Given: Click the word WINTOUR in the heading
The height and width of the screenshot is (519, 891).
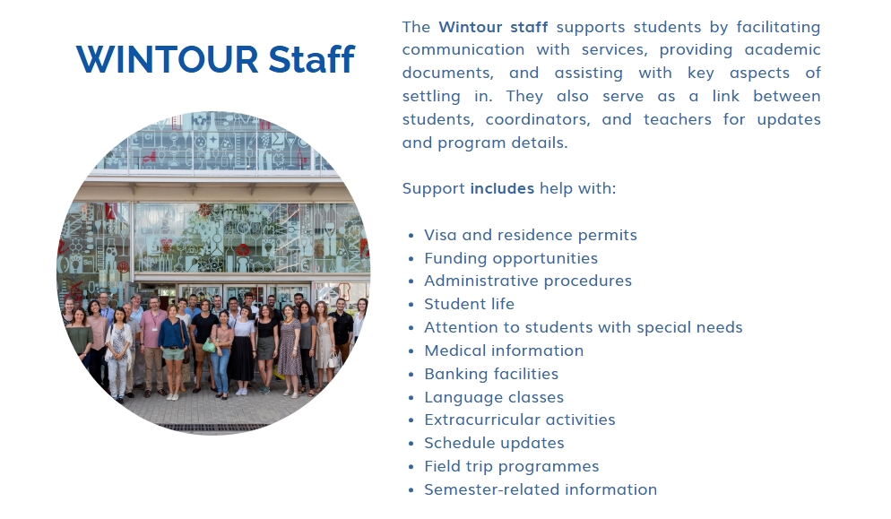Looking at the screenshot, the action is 167,60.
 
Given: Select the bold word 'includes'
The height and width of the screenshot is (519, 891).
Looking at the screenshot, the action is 502,188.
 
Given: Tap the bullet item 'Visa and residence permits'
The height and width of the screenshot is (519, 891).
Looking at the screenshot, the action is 531,236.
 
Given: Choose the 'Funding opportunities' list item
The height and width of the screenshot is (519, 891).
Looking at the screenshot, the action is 511,259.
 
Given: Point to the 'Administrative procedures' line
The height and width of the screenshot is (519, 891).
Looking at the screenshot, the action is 528,281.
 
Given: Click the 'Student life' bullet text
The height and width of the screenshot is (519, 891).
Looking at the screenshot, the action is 470,304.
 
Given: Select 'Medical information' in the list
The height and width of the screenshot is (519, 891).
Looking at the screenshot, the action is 504,350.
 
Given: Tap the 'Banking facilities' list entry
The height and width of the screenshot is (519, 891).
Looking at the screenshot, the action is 491,374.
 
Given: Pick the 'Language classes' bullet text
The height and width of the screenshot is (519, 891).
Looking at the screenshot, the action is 495,397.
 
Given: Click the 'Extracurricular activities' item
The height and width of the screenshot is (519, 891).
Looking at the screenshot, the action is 520,420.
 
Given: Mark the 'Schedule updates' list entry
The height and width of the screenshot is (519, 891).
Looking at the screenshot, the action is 495,444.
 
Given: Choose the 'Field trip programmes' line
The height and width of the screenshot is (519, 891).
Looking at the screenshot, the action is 512,467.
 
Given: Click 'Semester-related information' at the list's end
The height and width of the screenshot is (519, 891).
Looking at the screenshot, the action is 541,490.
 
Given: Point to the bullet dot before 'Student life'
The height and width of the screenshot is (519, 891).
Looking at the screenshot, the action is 411,306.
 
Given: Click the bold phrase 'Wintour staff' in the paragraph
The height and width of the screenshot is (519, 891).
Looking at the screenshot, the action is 493,27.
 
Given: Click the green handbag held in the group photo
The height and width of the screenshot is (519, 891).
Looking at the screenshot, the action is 210,345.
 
